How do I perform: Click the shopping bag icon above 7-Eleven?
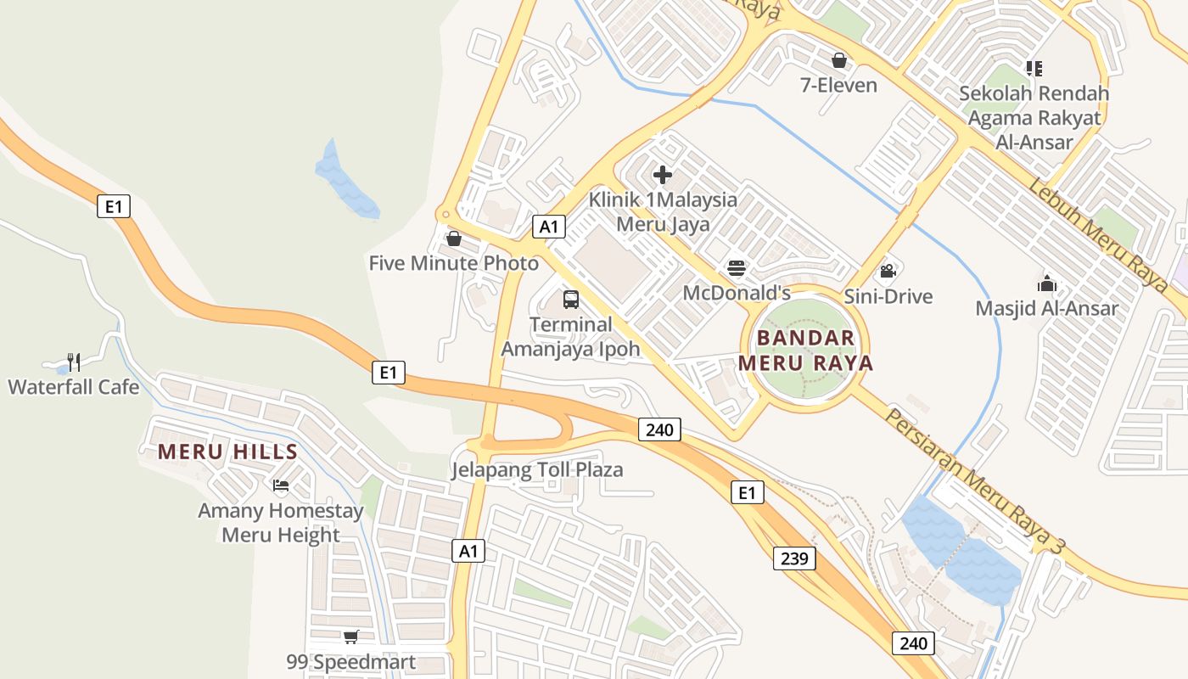[839, 60]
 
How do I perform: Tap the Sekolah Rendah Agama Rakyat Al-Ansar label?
[1034, 117]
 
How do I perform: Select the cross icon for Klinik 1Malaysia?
[663, 176]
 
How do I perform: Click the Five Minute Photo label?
[453, 263]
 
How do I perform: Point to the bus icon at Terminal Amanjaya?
[571, 300]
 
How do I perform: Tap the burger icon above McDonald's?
[737, 269]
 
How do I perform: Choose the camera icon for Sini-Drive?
[888, 272]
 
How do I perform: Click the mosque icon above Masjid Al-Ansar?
[1047, 283]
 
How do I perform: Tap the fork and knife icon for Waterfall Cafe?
[74, 362]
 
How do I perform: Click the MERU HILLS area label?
[227, 452]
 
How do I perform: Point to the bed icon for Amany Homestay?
[281, 485]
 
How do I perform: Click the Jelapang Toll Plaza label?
[537, 469]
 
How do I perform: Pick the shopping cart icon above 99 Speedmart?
[350, 637]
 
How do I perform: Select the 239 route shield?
[794, 558]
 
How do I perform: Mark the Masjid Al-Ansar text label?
[1046, 308]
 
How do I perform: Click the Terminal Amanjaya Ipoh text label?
[570, 336]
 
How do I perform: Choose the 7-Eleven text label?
[838, 85]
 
